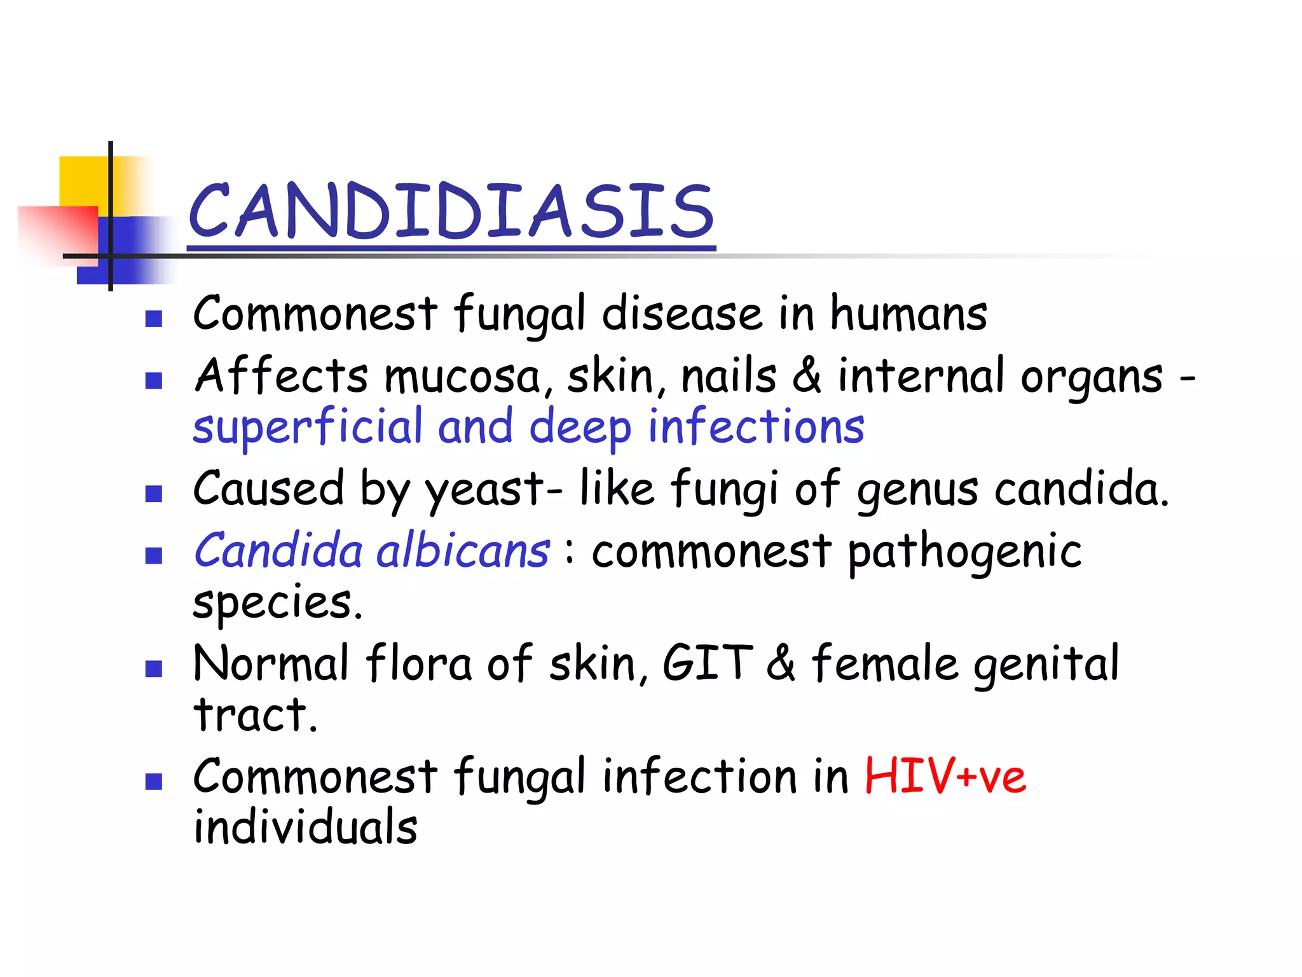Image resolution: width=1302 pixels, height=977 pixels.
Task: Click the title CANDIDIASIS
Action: click(451, 211)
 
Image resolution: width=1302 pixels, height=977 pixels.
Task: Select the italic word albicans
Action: click(463, 551)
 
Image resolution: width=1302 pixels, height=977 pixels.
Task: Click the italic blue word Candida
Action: click(278, 551)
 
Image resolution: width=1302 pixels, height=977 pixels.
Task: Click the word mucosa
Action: click(463, 376)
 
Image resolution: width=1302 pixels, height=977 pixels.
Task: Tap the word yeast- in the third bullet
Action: click(493, 490)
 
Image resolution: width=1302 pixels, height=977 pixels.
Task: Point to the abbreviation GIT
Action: click(708, 663)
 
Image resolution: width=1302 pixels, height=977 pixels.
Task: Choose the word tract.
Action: click(255, 715)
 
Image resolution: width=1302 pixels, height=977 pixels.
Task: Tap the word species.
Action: click(277, 603)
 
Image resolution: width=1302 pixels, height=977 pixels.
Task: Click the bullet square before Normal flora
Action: click(154, 669)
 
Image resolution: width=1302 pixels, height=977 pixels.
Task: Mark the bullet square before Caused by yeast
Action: click(154, 494)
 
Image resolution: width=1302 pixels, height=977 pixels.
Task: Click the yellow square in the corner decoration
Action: click(83, 180)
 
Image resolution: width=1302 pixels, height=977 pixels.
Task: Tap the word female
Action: click(885, 663)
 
